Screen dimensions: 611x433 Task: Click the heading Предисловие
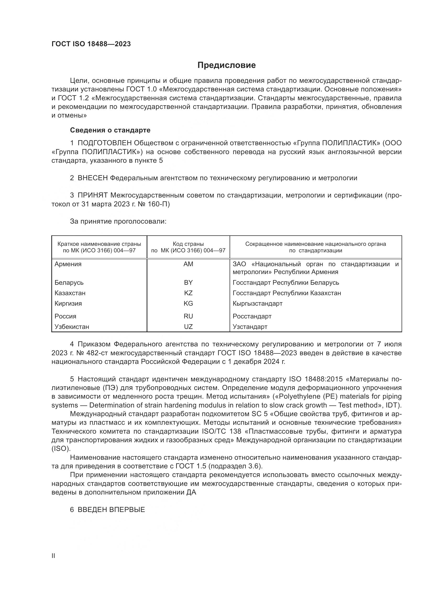(226, 65)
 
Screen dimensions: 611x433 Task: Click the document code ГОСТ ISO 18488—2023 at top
(91, 44)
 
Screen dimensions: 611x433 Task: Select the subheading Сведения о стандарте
(110, 130)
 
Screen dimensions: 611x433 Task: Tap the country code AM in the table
(188, 264)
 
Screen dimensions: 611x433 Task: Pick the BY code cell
(188, 283)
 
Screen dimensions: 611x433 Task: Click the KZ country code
(188, 293)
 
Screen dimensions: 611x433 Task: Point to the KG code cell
(188, 304)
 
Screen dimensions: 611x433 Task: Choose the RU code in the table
(188, 316)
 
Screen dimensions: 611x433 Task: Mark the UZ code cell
(188, 327)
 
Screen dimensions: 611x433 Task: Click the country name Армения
(68, 264)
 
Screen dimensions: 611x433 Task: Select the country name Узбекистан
(72, 327)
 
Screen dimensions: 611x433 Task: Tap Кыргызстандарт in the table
(257, 304)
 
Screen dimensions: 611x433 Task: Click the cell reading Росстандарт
(252, 316)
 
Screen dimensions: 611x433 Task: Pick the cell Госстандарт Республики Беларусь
(286, 283)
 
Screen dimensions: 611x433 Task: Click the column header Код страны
(188, 244)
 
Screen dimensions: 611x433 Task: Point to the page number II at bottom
(53, 556)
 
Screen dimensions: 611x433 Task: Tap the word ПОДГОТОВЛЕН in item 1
(104, 143)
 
